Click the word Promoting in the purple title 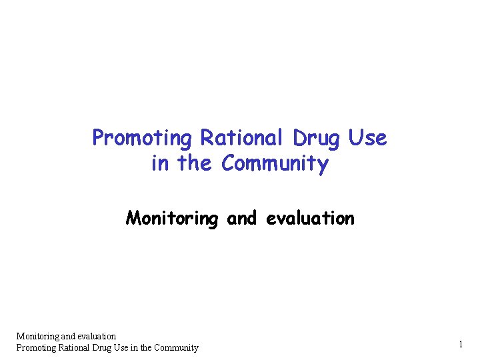point(141,138)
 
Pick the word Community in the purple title point(275,163)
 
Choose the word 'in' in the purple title point(160,163)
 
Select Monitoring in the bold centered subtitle point(171,218)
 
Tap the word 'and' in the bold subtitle point(243,218)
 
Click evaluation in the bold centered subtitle point(310,218)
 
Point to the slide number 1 point(460,344)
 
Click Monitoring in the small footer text point(37,336)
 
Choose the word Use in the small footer point(129,347)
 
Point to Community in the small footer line point(178,347)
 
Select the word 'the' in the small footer point(150,347)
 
